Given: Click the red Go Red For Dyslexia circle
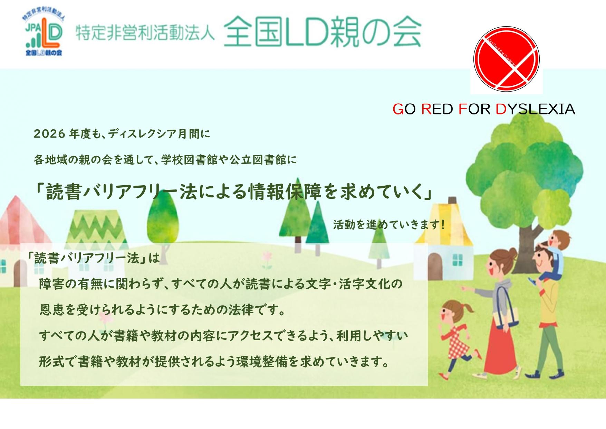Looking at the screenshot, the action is coord(506,59).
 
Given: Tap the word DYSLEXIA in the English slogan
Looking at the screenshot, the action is coord(535,109).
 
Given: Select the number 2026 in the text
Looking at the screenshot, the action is coord(49,134).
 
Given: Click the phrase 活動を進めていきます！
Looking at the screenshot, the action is coord(388,225).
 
